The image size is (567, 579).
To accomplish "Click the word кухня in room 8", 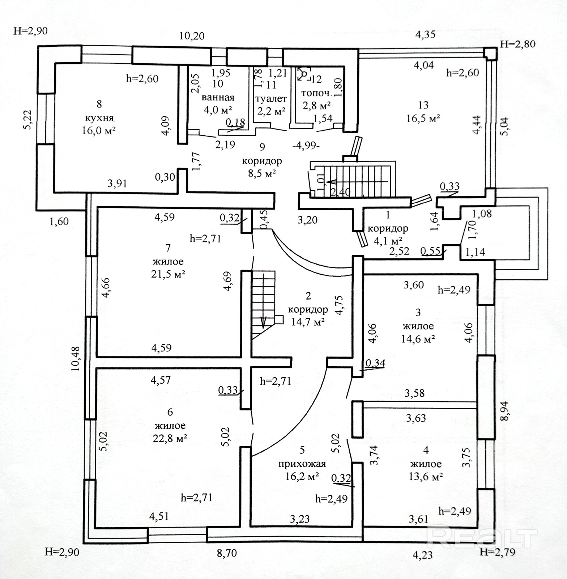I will point(99,118).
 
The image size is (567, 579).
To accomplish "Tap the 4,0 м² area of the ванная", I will point(218,110).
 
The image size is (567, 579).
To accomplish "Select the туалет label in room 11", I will point(271,98).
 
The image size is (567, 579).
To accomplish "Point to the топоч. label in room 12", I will point(316,93).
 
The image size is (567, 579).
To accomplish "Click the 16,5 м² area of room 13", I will point(423,118).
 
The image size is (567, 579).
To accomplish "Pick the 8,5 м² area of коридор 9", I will point(262,173).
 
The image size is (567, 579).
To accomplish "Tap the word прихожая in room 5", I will point(302,464).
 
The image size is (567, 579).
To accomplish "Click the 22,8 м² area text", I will point(170,439).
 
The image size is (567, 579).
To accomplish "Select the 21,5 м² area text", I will point(168,274).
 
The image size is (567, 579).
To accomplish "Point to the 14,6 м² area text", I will point(418,339).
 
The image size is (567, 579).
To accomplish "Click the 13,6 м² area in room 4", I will point(426,477).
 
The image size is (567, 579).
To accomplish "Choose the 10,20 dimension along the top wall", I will point(192,36).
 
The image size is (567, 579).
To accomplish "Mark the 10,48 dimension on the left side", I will point(76,359).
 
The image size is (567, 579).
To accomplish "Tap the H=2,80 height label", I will point(517,44).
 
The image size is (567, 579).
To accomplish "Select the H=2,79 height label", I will point(497,552).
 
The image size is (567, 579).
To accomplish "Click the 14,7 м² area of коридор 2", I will point(308,322).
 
